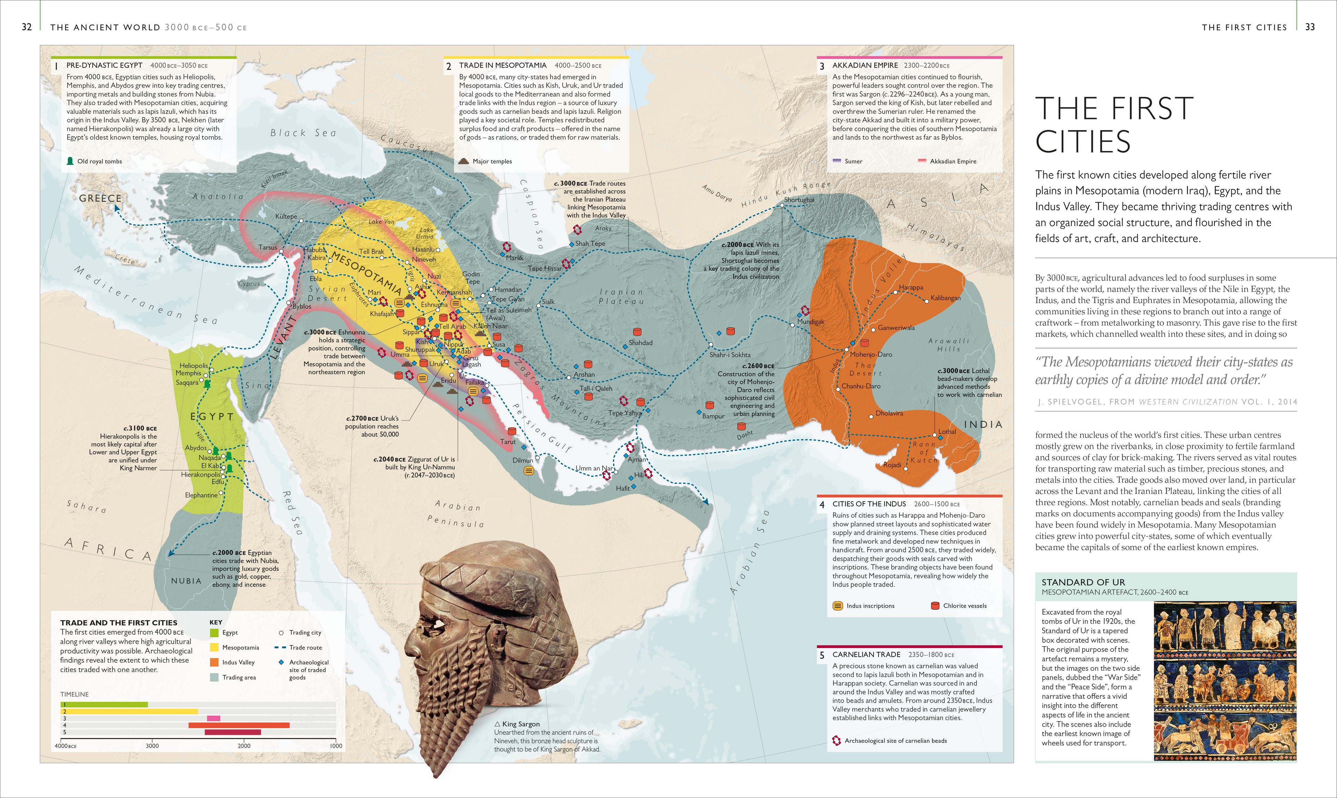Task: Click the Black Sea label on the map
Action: pos(303,133)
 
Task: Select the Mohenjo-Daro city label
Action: pos(871,354)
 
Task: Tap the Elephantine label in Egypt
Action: pos(201,495)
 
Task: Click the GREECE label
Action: pos(100,198)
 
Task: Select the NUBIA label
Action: pos(186,581)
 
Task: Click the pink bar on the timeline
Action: pos(213,718)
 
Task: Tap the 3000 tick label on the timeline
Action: pos(152,745)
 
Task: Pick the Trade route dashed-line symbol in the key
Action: pos(279,647)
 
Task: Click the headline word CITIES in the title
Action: pos(1082,142)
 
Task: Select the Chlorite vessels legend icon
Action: pos(935,606)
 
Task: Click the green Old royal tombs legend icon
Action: pos(70,161)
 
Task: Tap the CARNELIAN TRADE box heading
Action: pos(866,654)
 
